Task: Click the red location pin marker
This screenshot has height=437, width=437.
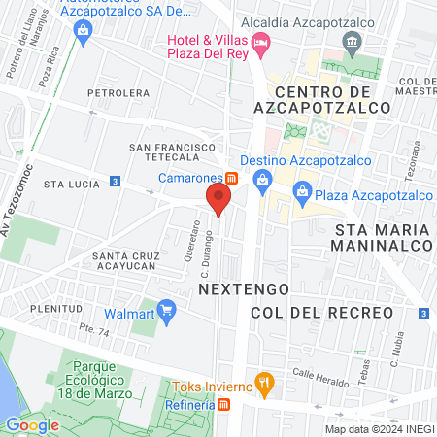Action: click(218, 199)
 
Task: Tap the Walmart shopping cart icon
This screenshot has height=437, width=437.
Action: click(167, 313)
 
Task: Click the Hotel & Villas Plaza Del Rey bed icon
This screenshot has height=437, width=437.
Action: click(259, 42)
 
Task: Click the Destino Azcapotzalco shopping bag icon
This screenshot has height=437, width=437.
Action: click(261, 179)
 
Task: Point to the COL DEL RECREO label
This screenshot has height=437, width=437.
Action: click(321, 313)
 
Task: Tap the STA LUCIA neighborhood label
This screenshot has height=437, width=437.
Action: click(66, 183)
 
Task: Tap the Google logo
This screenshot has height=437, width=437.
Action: click(32, 424)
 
